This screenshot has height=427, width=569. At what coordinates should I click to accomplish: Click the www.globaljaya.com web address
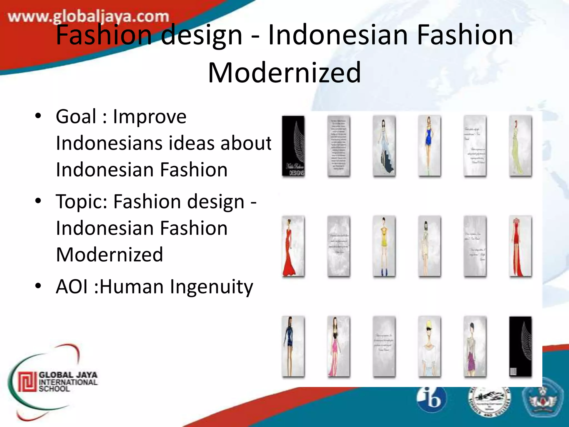(x=88, y=17)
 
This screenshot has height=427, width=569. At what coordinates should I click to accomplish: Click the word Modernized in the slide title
(x=284, y=73)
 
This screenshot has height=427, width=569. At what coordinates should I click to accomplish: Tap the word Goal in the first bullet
(x=76, y=116)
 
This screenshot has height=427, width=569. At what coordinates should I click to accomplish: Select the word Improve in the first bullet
(x=149, y=117)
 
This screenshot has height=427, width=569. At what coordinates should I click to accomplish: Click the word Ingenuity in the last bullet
(x=211, y=287)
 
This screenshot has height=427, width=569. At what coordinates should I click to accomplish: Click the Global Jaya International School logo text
(x=68, y=382)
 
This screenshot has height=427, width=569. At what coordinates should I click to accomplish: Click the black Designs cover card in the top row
(x=293, y=146)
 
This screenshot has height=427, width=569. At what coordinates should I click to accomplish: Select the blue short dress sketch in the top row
(x=429, y=146)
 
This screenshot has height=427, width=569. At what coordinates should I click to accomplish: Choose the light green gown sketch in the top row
(x=520, y=146)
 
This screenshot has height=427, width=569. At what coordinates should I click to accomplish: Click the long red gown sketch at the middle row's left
(x=293, y=246)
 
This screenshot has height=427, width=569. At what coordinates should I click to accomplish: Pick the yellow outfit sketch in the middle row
(x=384, y=246)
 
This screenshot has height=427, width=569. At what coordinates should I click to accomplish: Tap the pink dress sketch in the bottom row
(x=338, y=347)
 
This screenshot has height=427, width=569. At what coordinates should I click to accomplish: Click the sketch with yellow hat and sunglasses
(x=429, y=347)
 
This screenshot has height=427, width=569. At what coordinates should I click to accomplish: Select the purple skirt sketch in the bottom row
(x=475, y=347)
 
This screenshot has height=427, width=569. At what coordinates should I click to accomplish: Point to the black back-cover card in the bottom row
(x=520, y=347)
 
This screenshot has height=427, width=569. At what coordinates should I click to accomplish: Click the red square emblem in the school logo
(x=27, y=382)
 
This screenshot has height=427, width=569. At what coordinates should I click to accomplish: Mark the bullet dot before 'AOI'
(x=38, y=286)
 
